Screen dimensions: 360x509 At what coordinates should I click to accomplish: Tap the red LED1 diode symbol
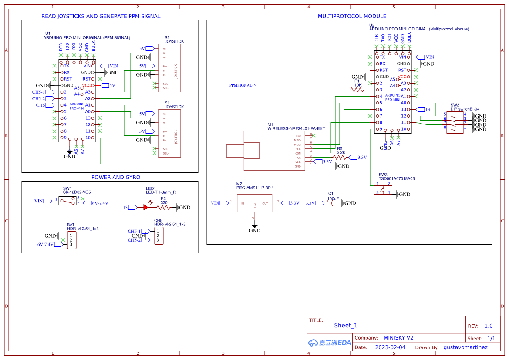(x=145, y=208)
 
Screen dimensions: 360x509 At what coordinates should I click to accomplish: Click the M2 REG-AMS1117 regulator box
(x=254, y=203)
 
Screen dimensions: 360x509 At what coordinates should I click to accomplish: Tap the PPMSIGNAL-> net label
(x=243, y=86)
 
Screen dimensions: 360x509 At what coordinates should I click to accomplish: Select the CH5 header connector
(x=158, y=236)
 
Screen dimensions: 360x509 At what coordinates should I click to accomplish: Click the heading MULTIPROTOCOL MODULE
(x=352, y=16)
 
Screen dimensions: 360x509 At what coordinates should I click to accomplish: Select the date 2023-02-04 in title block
(x=390, y=347)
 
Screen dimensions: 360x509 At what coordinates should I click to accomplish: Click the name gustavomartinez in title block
(x=465, y=347)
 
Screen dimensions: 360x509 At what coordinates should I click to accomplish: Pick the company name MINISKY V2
(x=398, y=338)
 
